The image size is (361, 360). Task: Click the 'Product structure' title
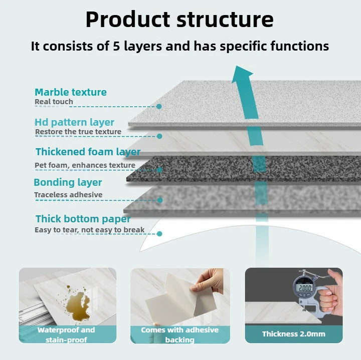coord(179,19)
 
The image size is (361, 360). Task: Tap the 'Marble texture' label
coord(70,92)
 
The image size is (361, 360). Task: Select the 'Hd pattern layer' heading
coord(74,122)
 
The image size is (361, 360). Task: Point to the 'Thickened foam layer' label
coord(88,152)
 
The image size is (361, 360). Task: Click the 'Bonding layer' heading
coord(68,182)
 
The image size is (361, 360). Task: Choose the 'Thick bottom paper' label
coord(83,219)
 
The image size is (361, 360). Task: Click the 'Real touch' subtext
coord(54,102)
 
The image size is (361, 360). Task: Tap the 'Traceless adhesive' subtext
coord(68,195)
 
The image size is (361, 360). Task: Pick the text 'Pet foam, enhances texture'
coord(85,165)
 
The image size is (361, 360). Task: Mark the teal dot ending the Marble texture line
coord(159,106)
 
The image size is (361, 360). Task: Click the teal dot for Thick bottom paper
coord(159,233)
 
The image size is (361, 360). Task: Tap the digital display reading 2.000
coord(305,288)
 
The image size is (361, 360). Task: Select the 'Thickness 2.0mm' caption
coord(293,334)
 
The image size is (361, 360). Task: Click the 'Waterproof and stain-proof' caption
coord(66,335)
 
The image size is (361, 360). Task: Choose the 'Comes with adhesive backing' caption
coord(179,335)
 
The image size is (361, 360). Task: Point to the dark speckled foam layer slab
coord(241,168)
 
